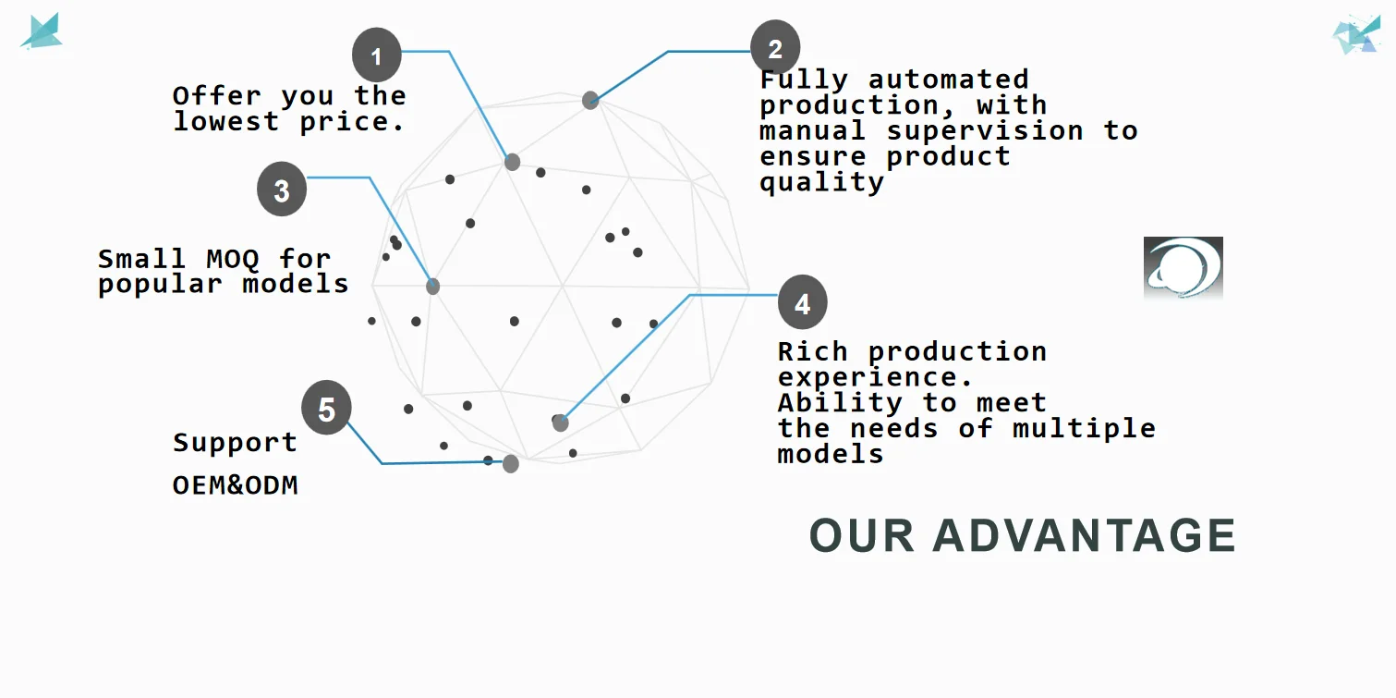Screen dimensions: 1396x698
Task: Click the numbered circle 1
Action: (376, 56)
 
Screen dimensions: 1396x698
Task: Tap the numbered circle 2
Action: (775, 47)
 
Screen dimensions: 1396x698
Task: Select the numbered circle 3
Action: (282, 190)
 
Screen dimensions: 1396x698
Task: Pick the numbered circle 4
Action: (802, 303)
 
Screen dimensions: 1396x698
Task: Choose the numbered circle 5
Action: (326, 409)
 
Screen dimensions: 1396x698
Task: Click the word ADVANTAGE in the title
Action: (1084, 536)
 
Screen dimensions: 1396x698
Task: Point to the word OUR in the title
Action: (862, 536)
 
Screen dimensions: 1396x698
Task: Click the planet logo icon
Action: (1183, 267)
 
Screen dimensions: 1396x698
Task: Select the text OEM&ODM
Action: (236, 485)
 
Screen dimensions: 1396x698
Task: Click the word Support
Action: (236, 443)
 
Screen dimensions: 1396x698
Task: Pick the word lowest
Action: (226, 121)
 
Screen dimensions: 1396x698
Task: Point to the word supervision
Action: (985, 130)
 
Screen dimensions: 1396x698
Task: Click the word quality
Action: (821, 182)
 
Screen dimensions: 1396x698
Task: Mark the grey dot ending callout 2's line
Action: (590, 101)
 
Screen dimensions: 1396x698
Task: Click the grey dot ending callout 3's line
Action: (432, 287)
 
